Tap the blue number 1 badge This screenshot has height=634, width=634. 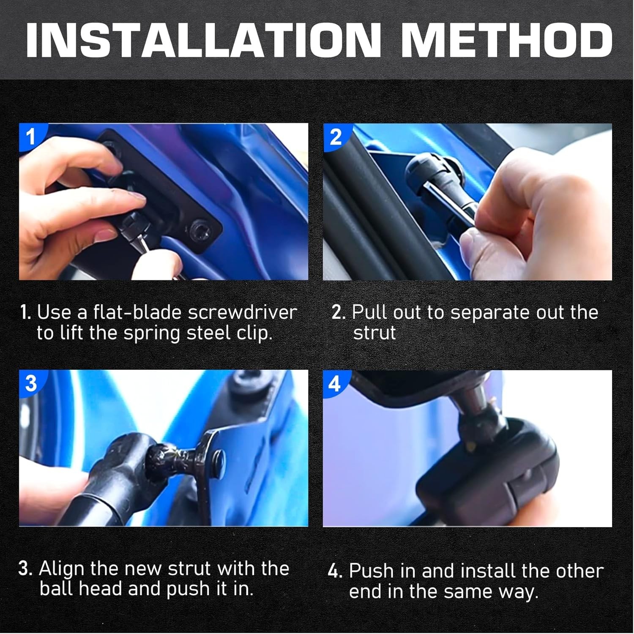(x=30, y=136)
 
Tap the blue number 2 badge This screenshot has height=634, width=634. (x=335, y=136)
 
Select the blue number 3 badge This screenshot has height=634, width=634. (x=30, y=383)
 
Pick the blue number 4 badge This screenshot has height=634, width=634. (x=335, y=383)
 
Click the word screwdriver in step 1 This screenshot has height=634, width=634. (x=243, y=312)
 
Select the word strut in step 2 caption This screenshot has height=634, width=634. (x=374, y=333)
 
